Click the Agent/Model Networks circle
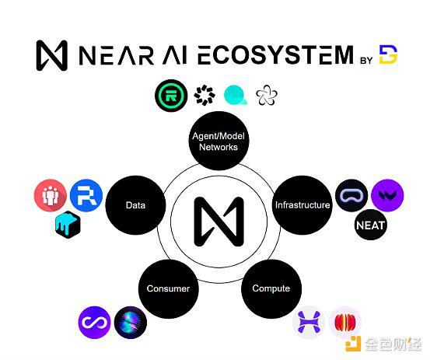click(218, 141)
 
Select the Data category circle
click(135, 204)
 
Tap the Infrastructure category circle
click(302, 204)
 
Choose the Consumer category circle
click(168, 288)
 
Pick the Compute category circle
click(271, 288)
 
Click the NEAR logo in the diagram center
click(218, 222)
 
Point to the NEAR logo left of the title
click(52, 55)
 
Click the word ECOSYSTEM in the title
click(275, 55)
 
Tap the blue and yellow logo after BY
click(388, 54)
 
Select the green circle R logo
click(171, 96)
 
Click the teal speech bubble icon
click(236, 95)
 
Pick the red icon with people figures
click(51, 195)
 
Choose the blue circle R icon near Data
click(86, 195)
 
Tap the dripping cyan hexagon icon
click(68, 225)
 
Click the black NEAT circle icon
click(370, 225)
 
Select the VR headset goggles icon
click(351, 195)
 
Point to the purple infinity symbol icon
click(94, 323)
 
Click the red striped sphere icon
click(345, 323)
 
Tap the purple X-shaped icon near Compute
click(309, 323)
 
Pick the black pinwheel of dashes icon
click(205, 95)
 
